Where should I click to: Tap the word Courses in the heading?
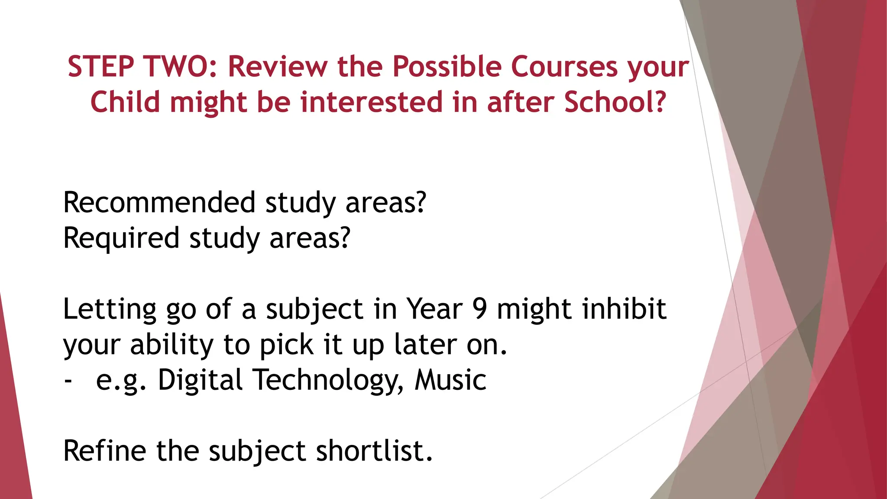(564, 67)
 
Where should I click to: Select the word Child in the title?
(125, 102)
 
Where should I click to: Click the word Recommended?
(159, 202)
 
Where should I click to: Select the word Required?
(121, 238)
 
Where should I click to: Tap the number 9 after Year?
(479, 309)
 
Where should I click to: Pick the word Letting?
(110, 309)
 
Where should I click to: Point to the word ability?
(172, 345)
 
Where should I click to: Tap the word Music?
(450, 380)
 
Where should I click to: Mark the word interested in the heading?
(371, 102)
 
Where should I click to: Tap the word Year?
(434, 309)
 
